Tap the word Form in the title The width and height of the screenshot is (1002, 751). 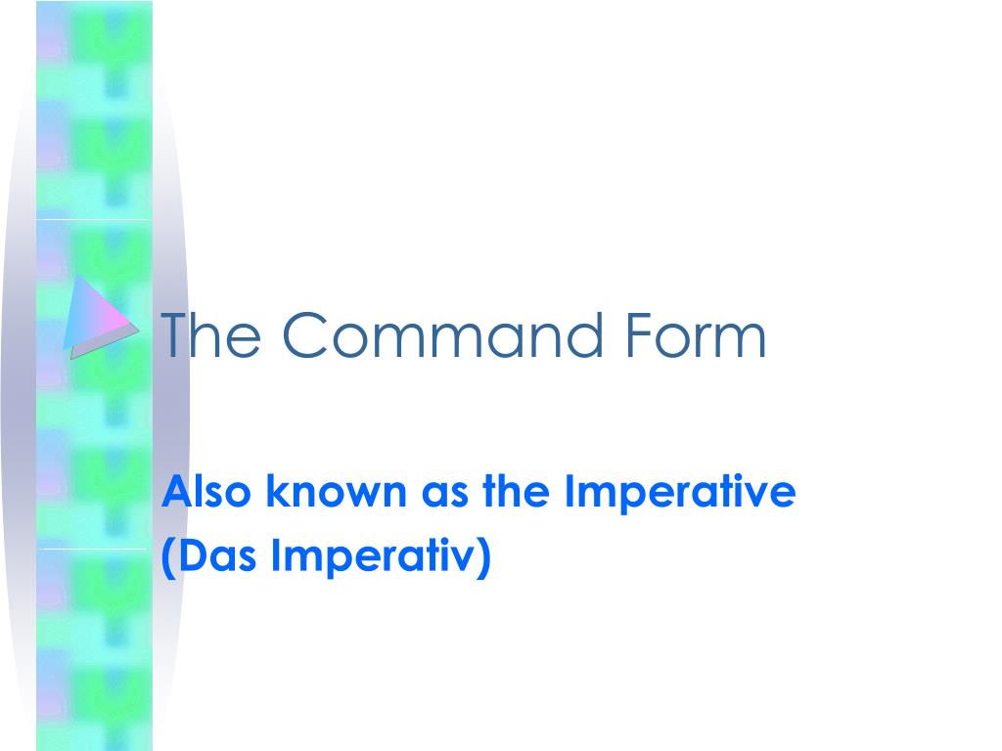point(706,335)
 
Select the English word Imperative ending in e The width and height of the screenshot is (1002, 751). point(681,494)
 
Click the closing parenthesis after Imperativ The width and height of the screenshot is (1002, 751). point(482,559)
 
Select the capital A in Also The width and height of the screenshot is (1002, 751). point(173,492)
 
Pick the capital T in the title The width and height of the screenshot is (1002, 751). point(172,335)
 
